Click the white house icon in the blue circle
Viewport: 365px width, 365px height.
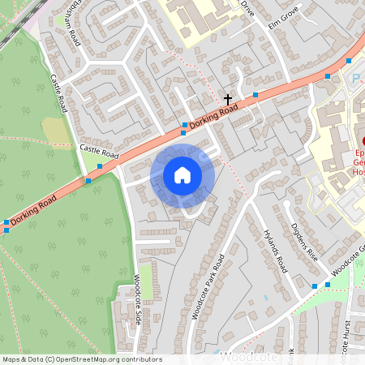click(182, 175)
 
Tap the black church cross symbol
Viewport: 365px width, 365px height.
click(228, 99)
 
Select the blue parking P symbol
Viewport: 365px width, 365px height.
click(356, 79)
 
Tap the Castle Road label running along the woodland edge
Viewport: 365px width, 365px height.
click(58, 93)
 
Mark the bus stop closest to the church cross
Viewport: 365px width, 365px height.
click(255, 95)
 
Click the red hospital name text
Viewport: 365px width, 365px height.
click(358, 161)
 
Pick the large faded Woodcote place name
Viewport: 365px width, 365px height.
click(250, 357)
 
